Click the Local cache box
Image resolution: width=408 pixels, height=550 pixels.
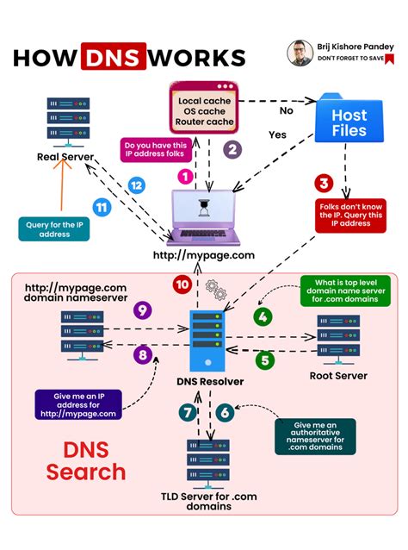click(x=203, y=111)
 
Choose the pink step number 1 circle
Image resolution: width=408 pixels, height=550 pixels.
click(x=183, y=176)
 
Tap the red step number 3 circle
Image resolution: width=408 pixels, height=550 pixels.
click(x=324, y=182)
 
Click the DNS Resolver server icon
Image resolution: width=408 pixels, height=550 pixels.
click(x=204, y=339)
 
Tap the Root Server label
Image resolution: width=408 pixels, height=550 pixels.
click(x=338, y=376)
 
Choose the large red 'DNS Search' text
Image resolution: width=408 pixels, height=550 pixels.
click(x=86, y=460)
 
